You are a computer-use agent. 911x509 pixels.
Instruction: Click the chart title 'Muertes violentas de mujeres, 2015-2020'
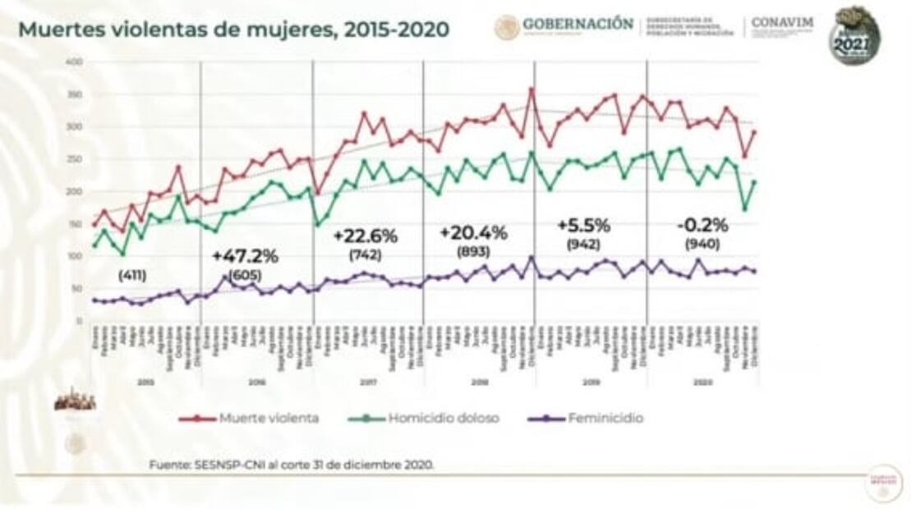pyautogui.click(x=233, y=30)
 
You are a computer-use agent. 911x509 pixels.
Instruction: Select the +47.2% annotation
pyautogui.click(x=245, y=255)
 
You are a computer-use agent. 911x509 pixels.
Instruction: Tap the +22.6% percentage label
pyautogui.click(x=365, y=236)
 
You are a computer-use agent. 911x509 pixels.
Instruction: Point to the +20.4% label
pyautogui.click(x=474, y=232)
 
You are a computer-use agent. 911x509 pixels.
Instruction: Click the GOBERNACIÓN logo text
pyautogui.click(x=577, y=24)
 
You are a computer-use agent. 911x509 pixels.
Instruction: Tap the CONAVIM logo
pyautogui.click(x=782, y=24)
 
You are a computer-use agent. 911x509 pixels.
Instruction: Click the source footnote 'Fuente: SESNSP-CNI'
pyautogui.click(x=292, y=464)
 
